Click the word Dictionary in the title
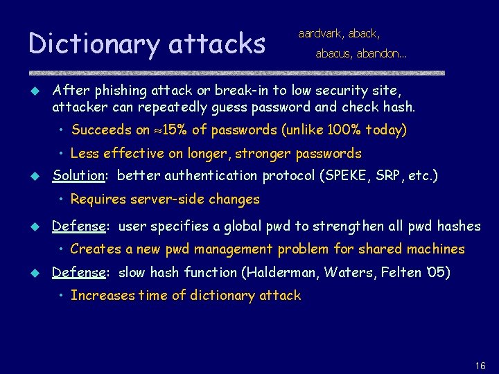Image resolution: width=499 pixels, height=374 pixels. click(x=94, y=44)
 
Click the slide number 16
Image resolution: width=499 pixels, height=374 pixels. click(x=481, y=366)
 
